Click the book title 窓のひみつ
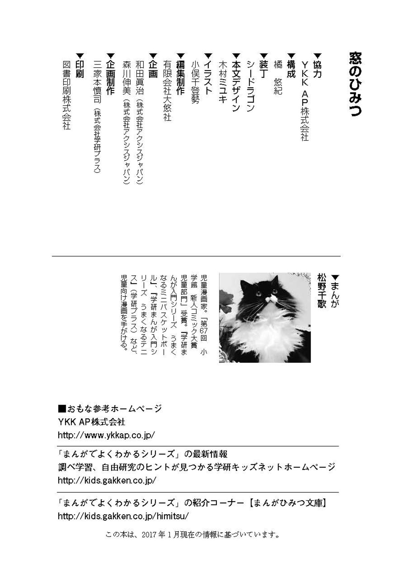(x=355, y=84)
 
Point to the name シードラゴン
(x=251, y=86)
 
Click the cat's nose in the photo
(x=269, y=297)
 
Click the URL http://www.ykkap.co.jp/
(x=106, y=435)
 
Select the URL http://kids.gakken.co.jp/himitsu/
(x=123, y=516)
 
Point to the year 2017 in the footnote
(x=149, y=535)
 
